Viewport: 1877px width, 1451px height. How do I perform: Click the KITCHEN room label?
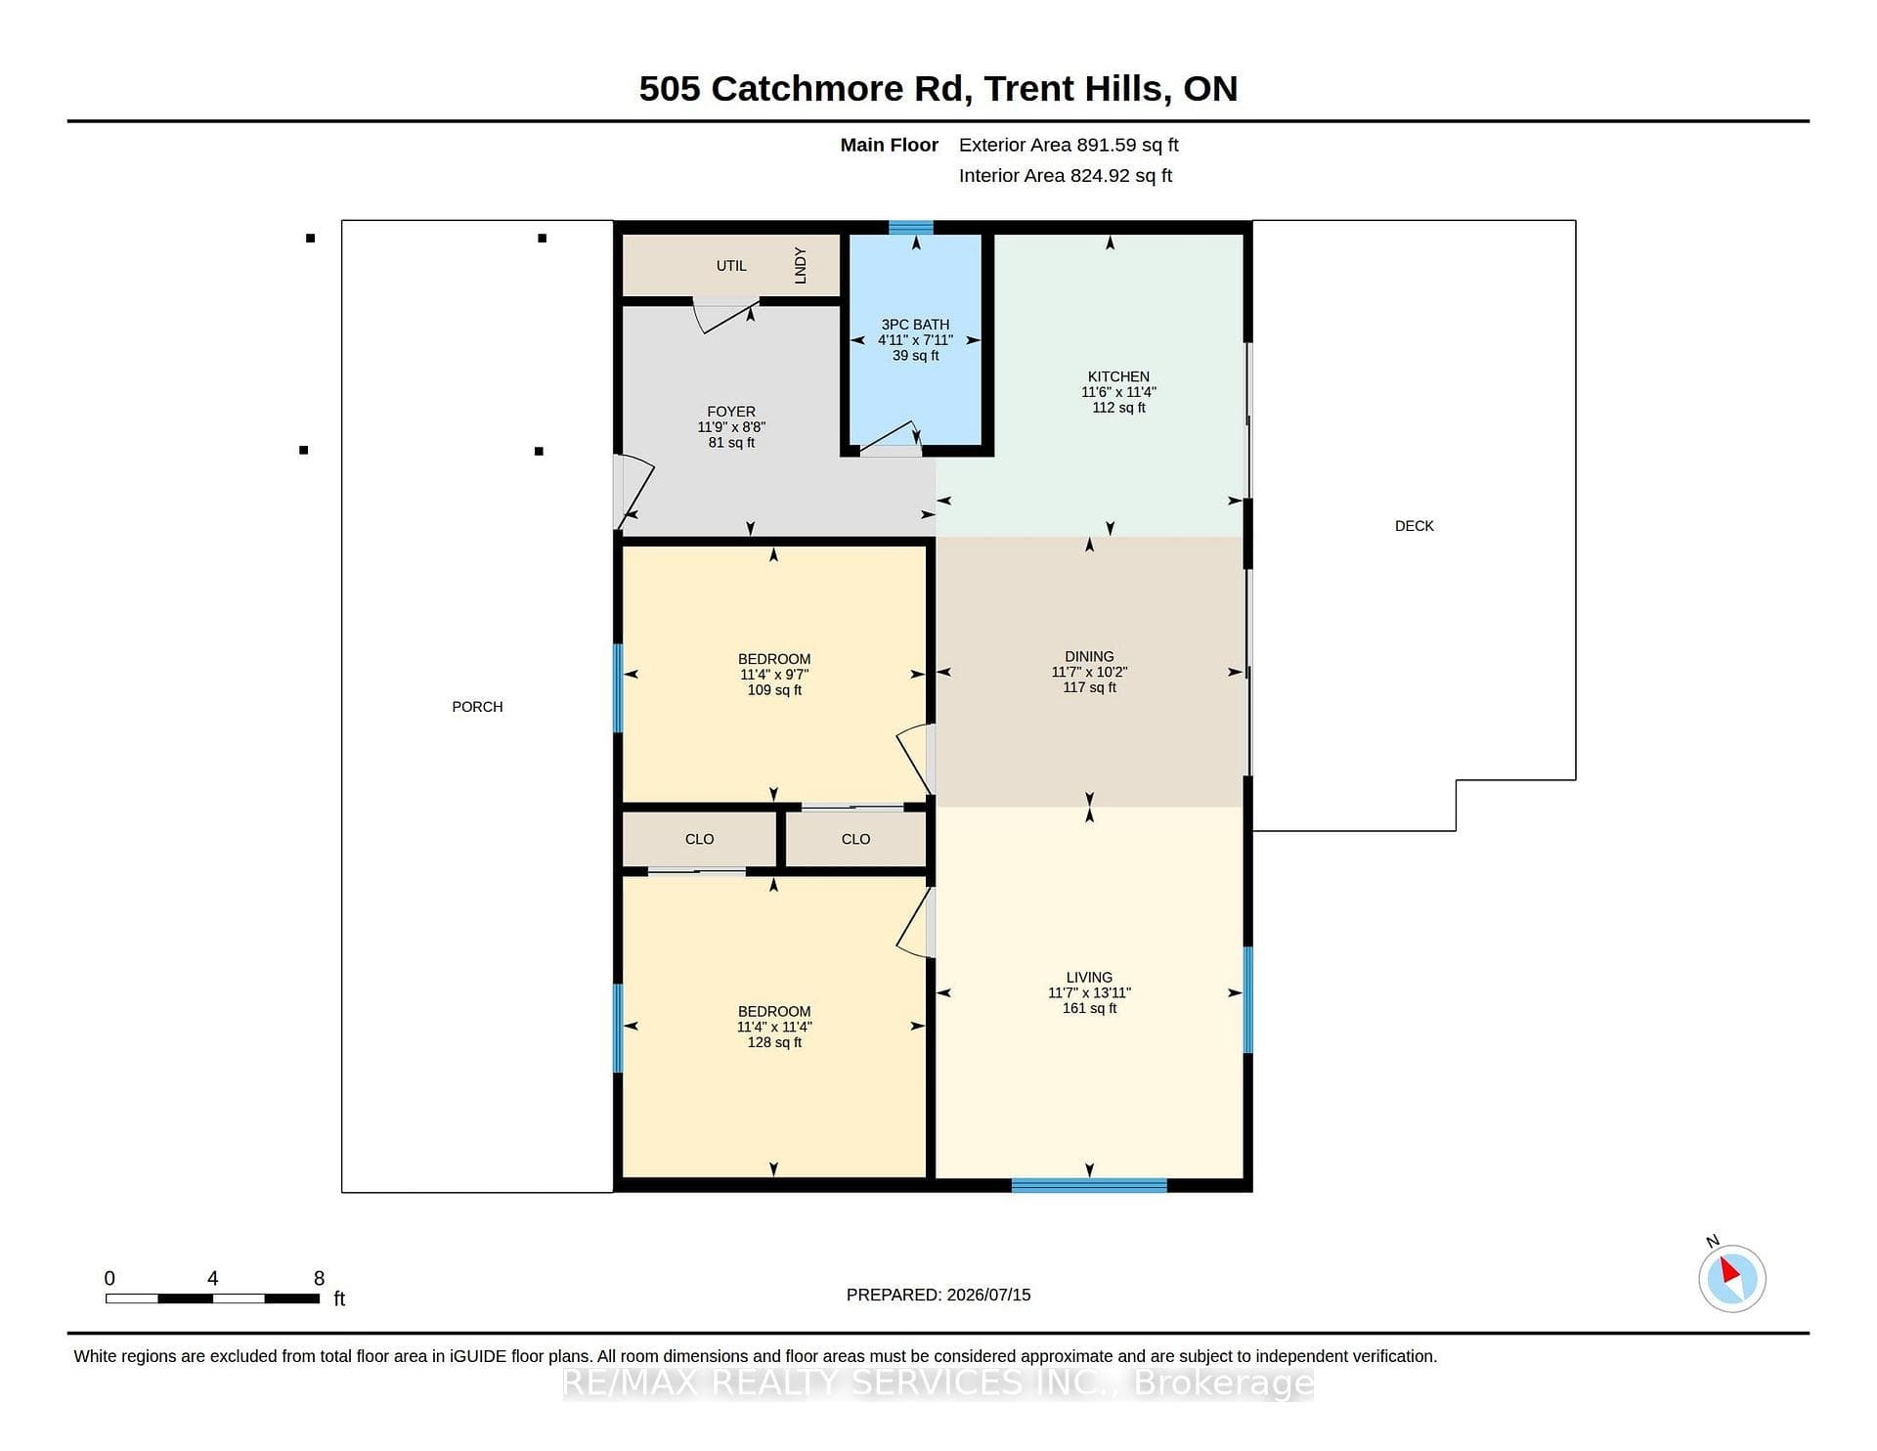pyautogui.click(x=1118, y=376)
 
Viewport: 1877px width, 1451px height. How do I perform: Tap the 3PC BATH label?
pyautogui.click(x=915, y=325)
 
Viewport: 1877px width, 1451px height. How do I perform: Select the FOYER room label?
pyautogui.click(x=731, y=412)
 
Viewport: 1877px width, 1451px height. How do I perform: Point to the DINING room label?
pyautogui.click(x=1089, y=657)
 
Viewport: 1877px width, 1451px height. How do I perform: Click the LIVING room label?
pyautogui.click(x=1089, y=978)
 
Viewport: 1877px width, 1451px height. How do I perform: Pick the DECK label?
pyautogui.click(x=1414, y=526)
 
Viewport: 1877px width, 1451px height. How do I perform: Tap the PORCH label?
pyautogui.click(x=477, y=707)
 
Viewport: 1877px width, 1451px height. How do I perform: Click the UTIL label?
pyautogui.click(x=731, y=266)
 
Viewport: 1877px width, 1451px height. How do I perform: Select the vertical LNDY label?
pyautogui.click(x=801, y=265)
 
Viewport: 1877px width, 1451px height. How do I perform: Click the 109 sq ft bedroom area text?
pyautogui.click(x=774, y=690)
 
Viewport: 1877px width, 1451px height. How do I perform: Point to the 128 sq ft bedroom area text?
pyautogui.click(x=774, y=1042)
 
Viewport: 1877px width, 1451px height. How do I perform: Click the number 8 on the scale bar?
pyautogui.click(x=319, y=1278)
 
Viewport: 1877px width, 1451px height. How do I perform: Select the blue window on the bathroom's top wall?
pyautogui.click(x=910, y=228)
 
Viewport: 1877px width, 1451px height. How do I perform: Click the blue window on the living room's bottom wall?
pyautogui.click(x=1089, y=1186)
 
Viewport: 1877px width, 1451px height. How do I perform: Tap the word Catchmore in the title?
pyautogui.click(x=808, y=89)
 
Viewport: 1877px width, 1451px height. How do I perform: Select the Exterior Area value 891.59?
pyautogui.click(x=1106, y=145)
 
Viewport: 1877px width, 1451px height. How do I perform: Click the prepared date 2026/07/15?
pyautogui.click(x=988, y=1295)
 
